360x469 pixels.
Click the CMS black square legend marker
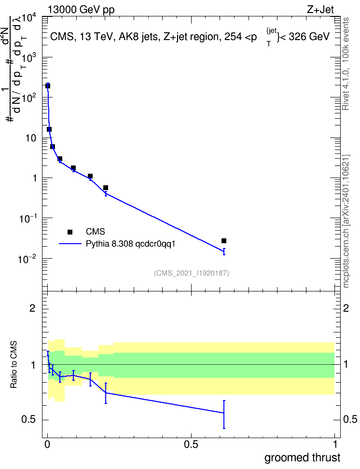[x=70, y=232]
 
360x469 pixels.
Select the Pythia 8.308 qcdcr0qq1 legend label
[x=130, y=244]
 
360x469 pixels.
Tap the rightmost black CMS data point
[x=224, y=241]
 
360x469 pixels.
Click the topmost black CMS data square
[x=48, y=86]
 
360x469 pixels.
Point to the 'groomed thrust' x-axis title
[x=302, y=458]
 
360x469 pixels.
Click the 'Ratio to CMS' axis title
[x=14, y=365]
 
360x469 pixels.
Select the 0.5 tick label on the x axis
[x=191, y=444]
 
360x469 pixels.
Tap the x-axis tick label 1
[x=335, y=444]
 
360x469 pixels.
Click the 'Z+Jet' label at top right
[x=320, y=10]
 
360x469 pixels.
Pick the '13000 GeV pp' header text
[x=81, y=10]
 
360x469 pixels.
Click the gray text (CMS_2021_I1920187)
[x=192, y=273]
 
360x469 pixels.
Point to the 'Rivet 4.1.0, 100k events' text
[x=346, y=64]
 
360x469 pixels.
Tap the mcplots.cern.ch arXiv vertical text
[x=346, y=221]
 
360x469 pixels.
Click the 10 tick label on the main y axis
[x=31, y=138]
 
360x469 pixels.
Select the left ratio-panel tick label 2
[x=32, y=308]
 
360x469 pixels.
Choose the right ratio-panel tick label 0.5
[x=350, y=419]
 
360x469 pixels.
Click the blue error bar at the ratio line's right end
[x=224, y=414]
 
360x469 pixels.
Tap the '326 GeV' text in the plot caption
[x=309, y=37]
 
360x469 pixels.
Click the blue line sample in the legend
[x=70, y=244]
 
